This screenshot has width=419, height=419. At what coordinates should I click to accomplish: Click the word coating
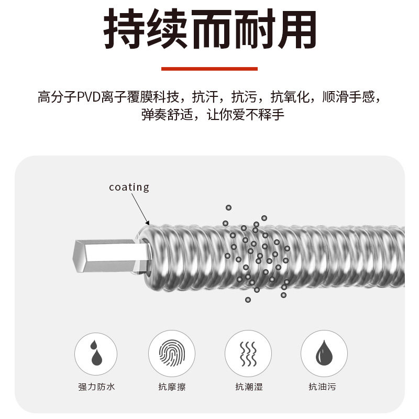[129, 188]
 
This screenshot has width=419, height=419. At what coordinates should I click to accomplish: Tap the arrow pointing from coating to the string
[140, 209]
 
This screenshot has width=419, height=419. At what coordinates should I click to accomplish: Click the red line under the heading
[209, 69]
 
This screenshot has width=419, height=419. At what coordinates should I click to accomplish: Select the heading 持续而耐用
[210, 29]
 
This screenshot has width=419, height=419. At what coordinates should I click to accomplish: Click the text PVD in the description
[89, 97]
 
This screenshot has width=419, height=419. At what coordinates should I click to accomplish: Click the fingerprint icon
[172, 353]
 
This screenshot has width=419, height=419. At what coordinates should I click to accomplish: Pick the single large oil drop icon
[324, 352]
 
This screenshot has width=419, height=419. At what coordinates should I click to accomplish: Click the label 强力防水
[96, 387]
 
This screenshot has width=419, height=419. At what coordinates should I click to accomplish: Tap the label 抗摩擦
[172, 387]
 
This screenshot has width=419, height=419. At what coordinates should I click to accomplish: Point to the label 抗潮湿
[249, 387]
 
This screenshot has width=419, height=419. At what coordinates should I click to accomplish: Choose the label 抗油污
[322, 387]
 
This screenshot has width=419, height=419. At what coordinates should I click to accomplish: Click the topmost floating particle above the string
[228, 207]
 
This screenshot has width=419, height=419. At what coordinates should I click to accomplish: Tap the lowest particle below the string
[248, 300]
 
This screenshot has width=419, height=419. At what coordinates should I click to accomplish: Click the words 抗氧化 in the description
[290, 97]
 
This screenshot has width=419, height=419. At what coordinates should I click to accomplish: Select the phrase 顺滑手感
[349, 97]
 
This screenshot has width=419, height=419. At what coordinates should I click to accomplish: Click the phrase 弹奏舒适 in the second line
[168, 115]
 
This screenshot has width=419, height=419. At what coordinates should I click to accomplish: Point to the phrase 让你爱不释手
[245, 115]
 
